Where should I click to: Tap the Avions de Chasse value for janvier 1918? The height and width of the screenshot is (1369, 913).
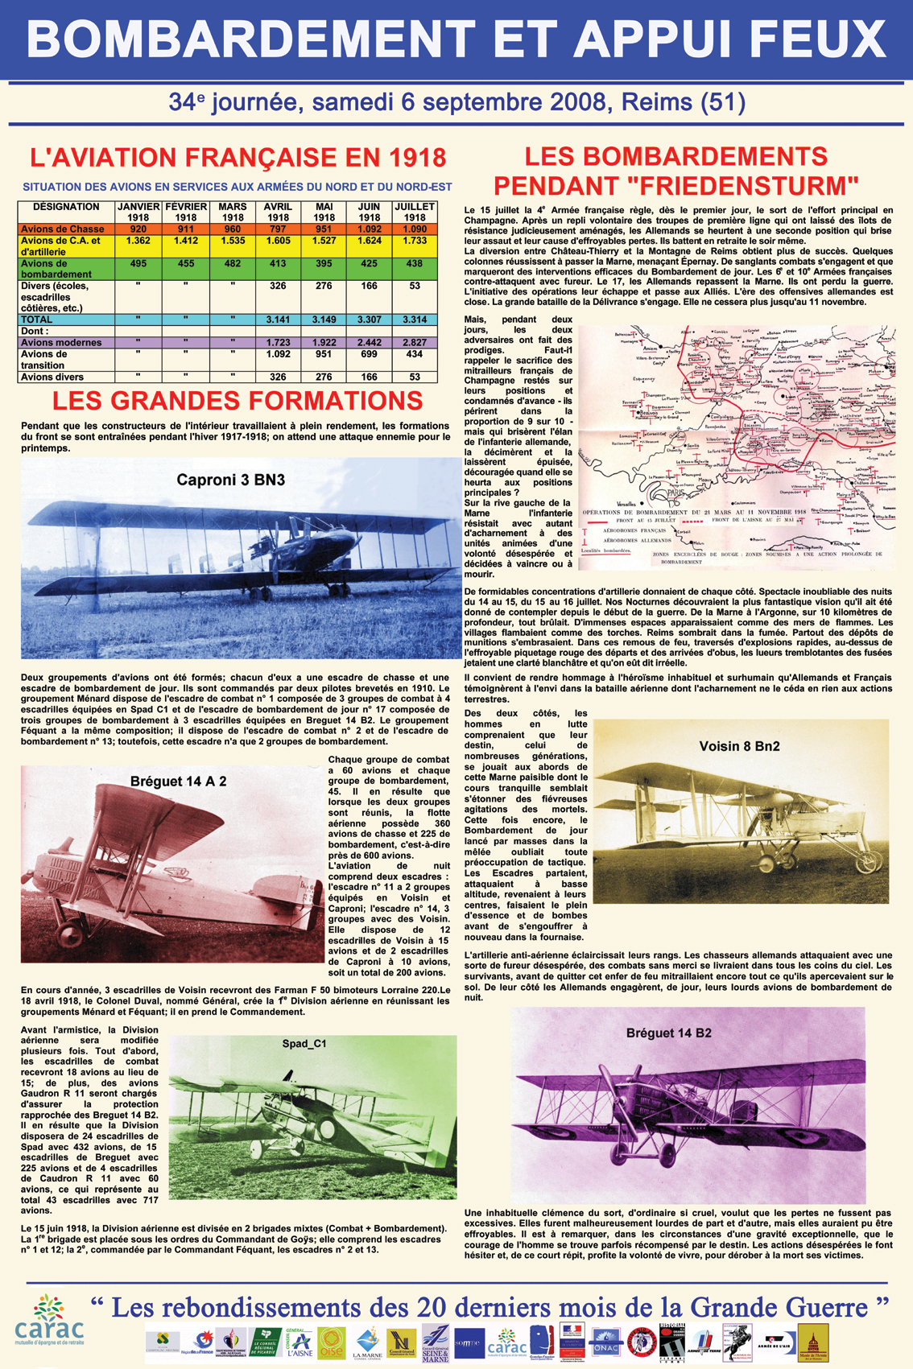coord(138,229)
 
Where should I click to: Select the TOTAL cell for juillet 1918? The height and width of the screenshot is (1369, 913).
coord(415,320)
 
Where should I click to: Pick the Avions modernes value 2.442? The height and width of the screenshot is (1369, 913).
coord(370,343)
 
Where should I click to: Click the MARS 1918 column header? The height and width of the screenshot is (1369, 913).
coord(233,212)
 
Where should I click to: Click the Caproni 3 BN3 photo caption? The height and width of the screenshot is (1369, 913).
coord(230,480)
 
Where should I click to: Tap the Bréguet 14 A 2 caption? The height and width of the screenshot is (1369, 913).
coord(178,781)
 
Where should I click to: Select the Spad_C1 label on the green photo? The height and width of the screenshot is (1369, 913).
coord(304,1044)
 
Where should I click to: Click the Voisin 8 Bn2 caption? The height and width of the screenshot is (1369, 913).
coord(739,746)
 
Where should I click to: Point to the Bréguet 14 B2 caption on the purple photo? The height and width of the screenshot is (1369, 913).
coord(669,1033)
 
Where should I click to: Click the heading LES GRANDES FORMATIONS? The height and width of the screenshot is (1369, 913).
coord(238,401)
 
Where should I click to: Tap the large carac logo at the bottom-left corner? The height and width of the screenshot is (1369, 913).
coord(48,1322)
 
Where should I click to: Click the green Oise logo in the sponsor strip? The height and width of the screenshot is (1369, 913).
coord(331,1341)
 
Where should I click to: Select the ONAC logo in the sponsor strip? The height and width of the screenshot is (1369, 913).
coord(605,1342)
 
